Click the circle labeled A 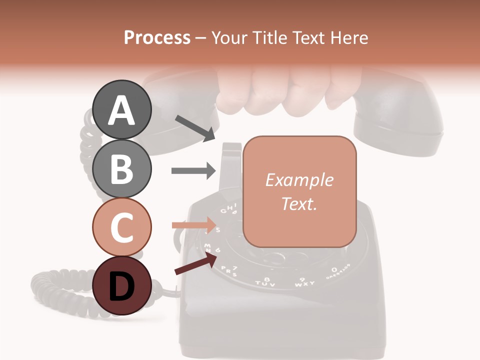coord(121,110)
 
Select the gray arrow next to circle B coord(193,170)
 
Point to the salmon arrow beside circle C coord(193,225)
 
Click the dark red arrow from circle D coord(195,264)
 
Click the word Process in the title coord(157,38)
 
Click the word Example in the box coord(299,180)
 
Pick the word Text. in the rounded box coord(299,203)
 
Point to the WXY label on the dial coord(304,282)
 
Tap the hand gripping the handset coord(275,90)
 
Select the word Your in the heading coord(229,38)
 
